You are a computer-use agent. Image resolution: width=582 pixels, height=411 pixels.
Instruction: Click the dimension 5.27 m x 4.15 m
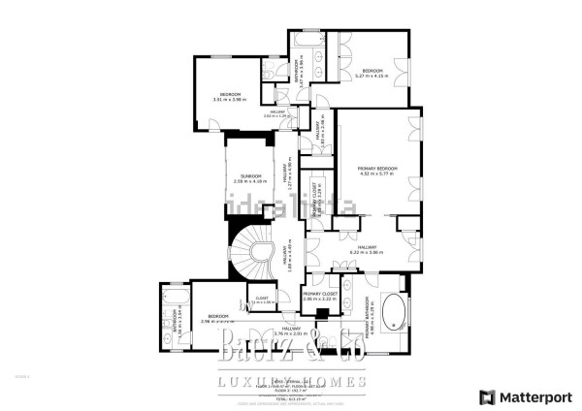[x=373, y=76]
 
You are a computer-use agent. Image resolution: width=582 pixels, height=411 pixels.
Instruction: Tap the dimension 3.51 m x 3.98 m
[x=231, y=99]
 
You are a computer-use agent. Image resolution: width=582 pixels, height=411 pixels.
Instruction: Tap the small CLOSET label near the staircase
[x=262, y=298]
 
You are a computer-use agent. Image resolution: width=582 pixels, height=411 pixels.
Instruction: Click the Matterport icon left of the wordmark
[x=486, y=396]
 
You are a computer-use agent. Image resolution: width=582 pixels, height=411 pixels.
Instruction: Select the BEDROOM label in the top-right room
[x=373, y=70]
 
